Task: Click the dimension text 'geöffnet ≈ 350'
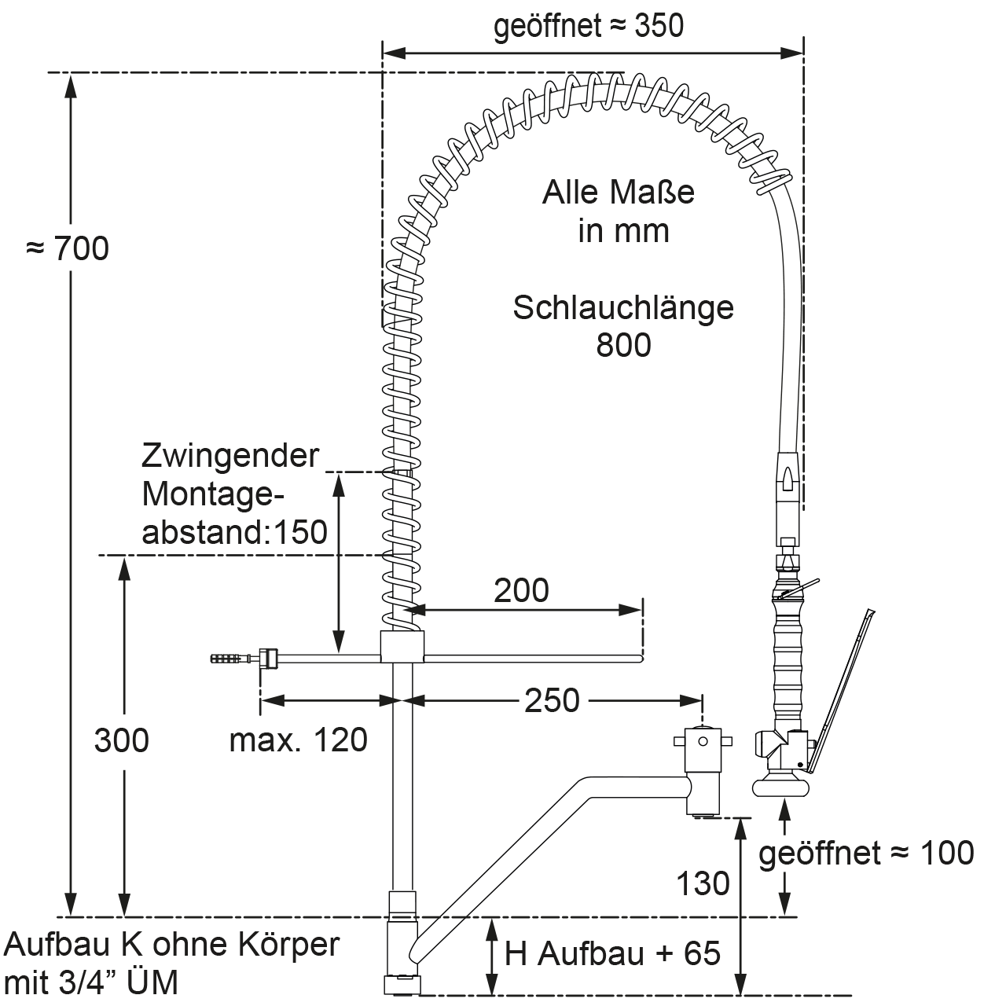coord(588,26)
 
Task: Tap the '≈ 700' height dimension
coord(68,248)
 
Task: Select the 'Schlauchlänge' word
coord(623,307)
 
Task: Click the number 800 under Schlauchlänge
coord(623,344)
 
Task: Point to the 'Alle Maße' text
coord(619,193)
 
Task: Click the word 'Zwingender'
coord(231,455)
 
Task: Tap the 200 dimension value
coord(521,589)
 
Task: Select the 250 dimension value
coord(552,699)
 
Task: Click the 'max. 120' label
coord(299,740)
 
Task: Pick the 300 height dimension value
coord(121,740)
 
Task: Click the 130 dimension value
coord(703,883)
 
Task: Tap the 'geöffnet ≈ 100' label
coord(866,853)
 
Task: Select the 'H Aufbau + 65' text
coord(612,953)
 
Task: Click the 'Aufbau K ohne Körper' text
coord(172,944)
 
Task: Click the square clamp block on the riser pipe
coord(402,646)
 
